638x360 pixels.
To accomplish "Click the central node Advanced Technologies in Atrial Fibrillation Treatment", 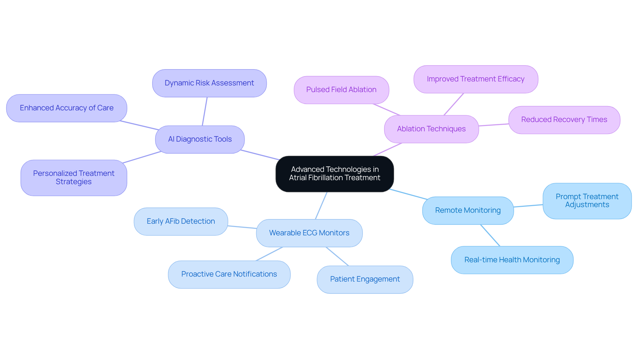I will (335, 174).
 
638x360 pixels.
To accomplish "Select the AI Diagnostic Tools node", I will (200, 139).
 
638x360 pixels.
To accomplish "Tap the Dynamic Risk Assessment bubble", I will (209, 83).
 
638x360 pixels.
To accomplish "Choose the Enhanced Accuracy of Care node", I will (66, 108).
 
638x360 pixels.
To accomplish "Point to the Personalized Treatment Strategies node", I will (74, 178).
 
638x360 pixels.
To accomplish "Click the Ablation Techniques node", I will (431, 129).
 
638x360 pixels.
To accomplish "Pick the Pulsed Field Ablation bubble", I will (341, 90).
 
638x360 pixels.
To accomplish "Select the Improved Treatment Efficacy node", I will (476, 79).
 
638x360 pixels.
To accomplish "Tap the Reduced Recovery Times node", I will (564, 120).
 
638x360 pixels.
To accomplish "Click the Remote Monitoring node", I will (468, 210).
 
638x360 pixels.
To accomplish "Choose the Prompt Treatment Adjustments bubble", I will (587, 201).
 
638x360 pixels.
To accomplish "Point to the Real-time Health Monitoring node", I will (512, 260).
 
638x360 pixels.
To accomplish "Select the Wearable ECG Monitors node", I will (309, 233).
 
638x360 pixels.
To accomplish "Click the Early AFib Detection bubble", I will (181, 221).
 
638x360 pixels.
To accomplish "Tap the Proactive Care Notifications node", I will (229, 274).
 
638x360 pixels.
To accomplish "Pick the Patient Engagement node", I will (365, 279).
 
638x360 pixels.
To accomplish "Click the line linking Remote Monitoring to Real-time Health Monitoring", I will (490, 235).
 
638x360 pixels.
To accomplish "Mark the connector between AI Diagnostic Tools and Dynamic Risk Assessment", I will (205, 111).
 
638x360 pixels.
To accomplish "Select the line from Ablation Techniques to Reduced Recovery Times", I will (494, 125).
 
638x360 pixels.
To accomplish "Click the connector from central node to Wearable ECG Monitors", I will (321, 205).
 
